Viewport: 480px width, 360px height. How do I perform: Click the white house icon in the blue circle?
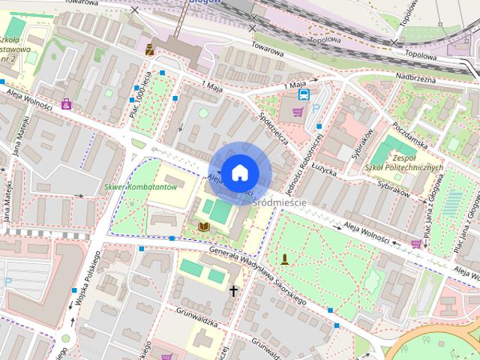(x=239, y=172)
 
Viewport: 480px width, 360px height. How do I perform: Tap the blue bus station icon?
(x=304, y=94)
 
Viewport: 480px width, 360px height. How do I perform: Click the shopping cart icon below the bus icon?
(x=298, y=112)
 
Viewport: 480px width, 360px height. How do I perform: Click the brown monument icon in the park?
(x=285, y=260)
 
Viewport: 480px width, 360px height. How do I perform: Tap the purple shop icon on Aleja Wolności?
(x=67, y=104)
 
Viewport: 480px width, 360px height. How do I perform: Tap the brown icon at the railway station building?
(x=150, y=49)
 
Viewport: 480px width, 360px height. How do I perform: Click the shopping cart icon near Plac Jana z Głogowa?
(x=415, y=244)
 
